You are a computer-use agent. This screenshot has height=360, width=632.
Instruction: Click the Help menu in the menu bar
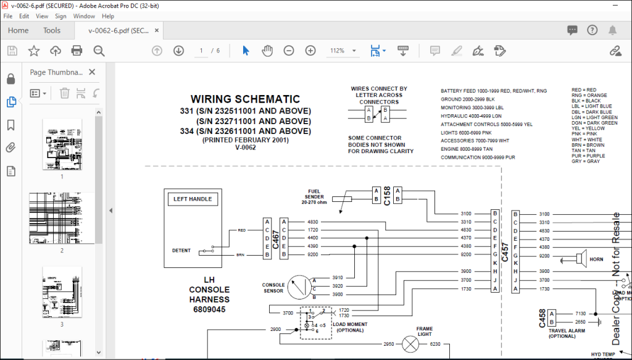tap(108, 16)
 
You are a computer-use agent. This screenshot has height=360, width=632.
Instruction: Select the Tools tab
tap(52, 30)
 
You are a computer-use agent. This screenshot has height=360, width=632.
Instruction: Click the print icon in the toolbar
tap(77, 51)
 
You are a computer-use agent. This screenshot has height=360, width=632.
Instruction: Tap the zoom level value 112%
tap(337, 51)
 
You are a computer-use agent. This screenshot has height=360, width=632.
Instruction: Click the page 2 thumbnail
tap(62, 219)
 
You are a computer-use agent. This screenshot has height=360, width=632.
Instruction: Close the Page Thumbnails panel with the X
tap(92, 72)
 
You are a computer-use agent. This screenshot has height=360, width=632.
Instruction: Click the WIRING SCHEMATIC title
tap(245, 99)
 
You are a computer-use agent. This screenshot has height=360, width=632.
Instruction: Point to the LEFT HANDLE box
tap(193, 199)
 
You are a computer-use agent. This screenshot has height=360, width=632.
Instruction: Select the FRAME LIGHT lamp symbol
tap(410, 344)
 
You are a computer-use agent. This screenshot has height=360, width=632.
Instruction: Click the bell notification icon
tap(613, 30)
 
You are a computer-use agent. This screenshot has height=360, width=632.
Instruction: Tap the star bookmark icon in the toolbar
tap(34, 51)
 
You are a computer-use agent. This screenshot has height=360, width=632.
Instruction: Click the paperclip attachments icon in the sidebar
tap(10, 147)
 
